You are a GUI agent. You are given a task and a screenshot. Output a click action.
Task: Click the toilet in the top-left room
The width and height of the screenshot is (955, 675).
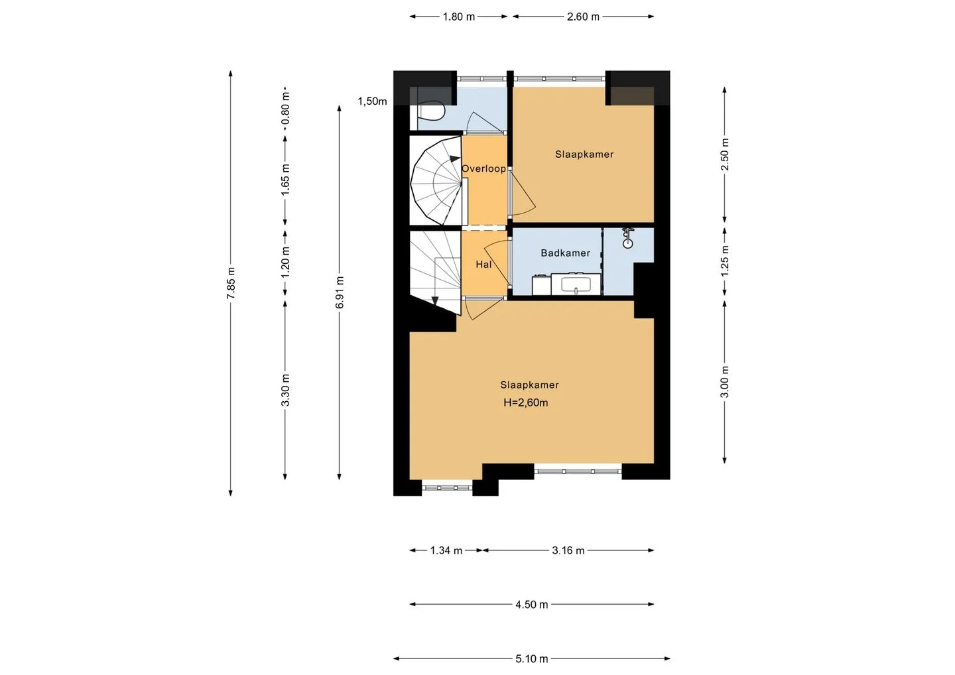click(x=431, y=111)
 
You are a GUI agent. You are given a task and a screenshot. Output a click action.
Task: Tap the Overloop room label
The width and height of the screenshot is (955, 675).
click(x=484, y=168)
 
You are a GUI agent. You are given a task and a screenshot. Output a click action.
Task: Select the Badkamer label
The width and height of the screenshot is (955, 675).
click(x=565, y=253)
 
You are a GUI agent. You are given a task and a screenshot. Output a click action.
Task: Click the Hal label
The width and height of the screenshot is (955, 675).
click(x=483, y=265)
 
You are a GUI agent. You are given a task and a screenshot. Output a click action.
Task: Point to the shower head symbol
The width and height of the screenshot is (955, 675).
click(x=627, y=238)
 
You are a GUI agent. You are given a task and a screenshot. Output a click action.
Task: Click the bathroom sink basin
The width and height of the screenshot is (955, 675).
click(x=576, y=284)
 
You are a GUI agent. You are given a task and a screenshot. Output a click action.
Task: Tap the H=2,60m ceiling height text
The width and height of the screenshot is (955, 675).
click(x=526, y=402)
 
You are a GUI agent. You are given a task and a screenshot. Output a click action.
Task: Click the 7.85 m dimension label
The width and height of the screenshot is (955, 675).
click(x=231, y=283)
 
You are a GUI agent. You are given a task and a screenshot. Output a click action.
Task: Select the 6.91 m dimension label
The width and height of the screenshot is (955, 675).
click(x=340, y=292)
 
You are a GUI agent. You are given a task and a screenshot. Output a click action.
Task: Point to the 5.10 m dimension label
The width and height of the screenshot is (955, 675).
click(x=532, y=659)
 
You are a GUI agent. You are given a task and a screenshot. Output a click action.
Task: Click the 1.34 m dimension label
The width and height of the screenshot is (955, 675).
click(x=446, y=550)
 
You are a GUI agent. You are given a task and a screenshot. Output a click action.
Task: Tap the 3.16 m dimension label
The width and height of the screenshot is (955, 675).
click(x=568, y=550)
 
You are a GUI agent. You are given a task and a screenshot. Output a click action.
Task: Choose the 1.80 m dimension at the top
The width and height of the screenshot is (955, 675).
click(x=458, y=17)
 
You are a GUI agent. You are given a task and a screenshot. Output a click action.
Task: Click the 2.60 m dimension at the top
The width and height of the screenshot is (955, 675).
click(x=583, y=17)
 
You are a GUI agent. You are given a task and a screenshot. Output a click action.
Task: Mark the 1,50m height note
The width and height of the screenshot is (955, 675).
click(x=372, y=101)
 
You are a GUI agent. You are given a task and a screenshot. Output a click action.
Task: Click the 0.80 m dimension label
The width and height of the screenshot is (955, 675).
click(x=286, y=108)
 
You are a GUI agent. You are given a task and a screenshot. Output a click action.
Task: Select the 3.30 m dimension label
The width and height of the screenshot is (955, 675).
click(x=286, y=391)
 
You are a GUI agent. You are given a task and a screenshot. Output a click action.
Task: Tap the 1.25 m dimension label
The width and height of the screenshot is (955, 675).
click(x=725, y=261)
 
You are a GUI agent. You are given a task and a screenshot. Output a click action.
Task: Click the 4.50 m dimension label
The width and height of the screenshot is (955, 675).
click(x=532, y=604)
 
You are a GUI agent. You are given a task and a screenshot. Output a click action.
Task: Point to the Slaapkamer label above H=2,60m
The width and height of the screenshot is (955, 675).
click(x=529, y=385)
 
